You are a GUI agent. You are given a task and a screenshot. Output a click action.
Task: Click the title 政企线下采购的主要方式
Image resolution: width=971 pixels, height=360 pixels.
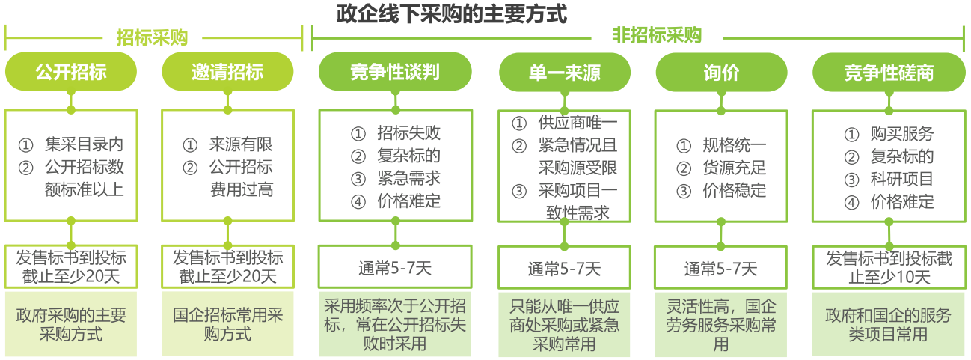pos(451,13)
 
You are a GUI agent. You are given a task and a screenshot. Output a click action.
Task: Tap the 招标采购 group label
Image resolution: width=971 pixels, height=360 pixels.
pos(152,37)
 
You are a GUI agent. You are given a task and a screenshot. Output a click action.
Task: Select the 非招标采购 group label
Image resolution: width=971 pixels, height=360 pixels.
pos(657,36)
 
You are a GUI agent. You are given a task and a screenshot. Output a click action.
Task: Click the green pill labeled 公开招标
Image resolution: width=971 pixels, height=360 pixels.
pos(71,72)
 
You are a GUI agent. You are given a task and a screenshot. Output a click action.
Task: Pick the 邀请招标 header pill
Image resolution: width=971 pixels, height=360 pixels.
pos(227,72)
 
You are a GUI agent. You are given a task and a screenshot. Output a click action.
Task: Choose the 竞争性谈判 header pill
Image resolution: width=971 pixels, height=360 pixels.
pos(395,72)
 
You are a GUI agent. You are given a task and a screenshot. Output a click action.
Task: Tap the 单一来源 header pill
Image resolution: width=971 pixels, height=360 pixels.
pos(564,73)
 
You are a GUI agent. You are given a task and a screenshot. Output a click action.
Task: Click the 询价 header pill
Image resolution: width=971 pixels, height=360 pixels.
pos(721,73)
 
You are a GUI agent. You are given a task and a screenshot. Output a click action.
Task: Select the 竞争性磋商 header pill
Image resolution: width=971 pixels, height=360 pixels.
pos(889,73)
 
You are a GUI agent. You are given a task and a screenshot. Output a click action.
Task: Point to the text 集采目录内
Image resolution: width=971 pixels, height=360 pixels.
pos(84,144)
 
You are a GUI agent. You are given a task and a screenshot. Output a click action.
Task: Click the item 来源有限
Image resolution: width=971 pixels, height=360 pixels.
pos(241,144)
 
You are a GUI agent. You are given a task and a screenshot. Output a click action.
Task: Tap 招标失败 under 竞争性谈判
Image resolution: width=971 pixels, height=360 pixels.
pos(408,132)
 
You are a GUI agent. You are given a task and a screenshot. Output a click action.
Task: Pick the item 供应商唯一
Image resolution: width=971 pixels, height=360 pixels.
pos(578,123)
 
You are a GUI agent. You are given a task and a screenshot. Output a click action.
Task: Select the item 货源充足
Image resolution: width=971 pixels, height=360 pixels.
pos(735,168)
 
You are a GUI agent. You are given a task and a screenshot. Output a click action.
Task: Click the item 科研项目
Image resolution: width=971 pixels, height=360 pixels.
pos(902,179)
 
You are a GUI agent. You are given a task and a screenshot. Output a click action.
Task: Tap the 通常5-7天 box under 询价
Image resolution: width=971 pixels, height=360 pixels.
pos(721,268)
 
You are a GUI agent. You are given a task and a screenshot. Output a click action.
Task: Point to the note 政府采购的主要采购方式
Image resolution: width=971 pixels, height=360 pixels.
pos(71,324)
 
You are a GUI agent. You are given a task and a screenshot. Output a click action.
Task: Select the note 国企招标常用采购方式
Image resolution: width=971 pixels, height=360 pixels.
pos(227,324)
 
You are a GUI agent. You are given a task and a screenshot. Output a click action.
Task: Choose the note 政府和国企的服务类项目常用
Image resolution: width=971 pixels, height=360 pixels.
pos(888,325)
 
